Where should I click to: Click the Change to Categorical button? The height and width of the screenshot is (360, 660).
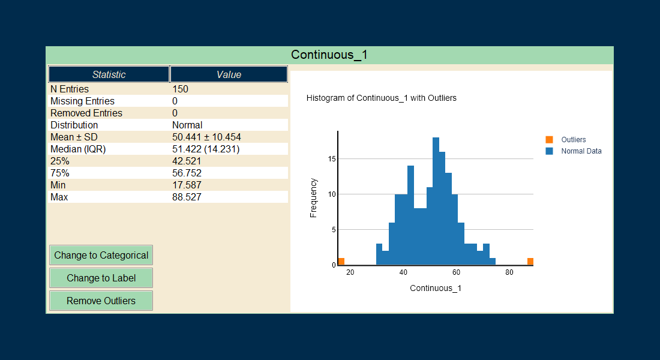pyautogui.click(x=101, y=255)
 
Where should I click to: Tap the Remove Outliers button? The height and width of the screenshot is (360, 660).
pyautogui.click(x=101, y=301)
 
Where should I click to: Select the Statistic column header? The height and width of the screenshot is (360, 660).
pyautogui.click(x=109, y=74)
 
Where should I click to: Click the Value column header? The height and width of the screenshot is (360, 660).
pyautogui.click(x=229, y=74)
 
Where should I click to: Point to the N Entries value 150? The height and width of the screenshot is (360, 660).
pyautogui.click(x=180, y=89)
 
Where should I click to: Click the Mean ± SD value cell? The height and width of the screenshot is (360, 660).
pyautogui.click(x=206, y=137)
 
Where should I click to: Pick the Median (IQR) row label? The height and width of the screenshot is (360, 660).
pyautogui.click(x=78, y=149)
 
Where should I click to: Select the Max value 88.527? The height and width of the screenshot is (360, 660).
pyautogui.click(x=187, y=197)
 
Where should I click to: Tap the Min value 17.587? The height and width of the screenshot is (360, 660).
pyautogui.click(x=187, y=185)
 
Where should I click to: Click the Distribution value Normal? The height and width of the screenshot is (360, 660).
pyautogui.click(x=187, y=125)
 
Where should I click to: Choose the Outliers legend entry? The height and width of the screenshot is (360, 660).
pyautogui.click(x=573, y=140)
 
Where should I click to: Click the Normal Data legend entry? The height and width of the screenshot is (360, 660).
pyautogui.click(x=581, y=151)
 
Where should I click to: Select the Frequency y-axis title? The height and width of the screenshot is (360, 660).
pyautogui.click(x=313, y=197)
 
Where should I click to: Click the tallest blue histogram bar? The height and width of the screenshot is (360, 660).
pyautogui.click(x=436, y=201)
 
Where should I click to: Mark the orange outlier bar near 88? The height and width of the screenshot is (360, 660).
pyautogui.click(x=530, y=262)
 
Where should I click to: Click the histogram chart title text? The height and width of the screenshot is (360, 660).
pyautogui.click(x=381, y=98)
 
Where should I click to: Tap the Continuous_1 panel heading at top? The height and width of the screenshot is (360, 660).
pyautogui.click(x=329, y=55)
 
